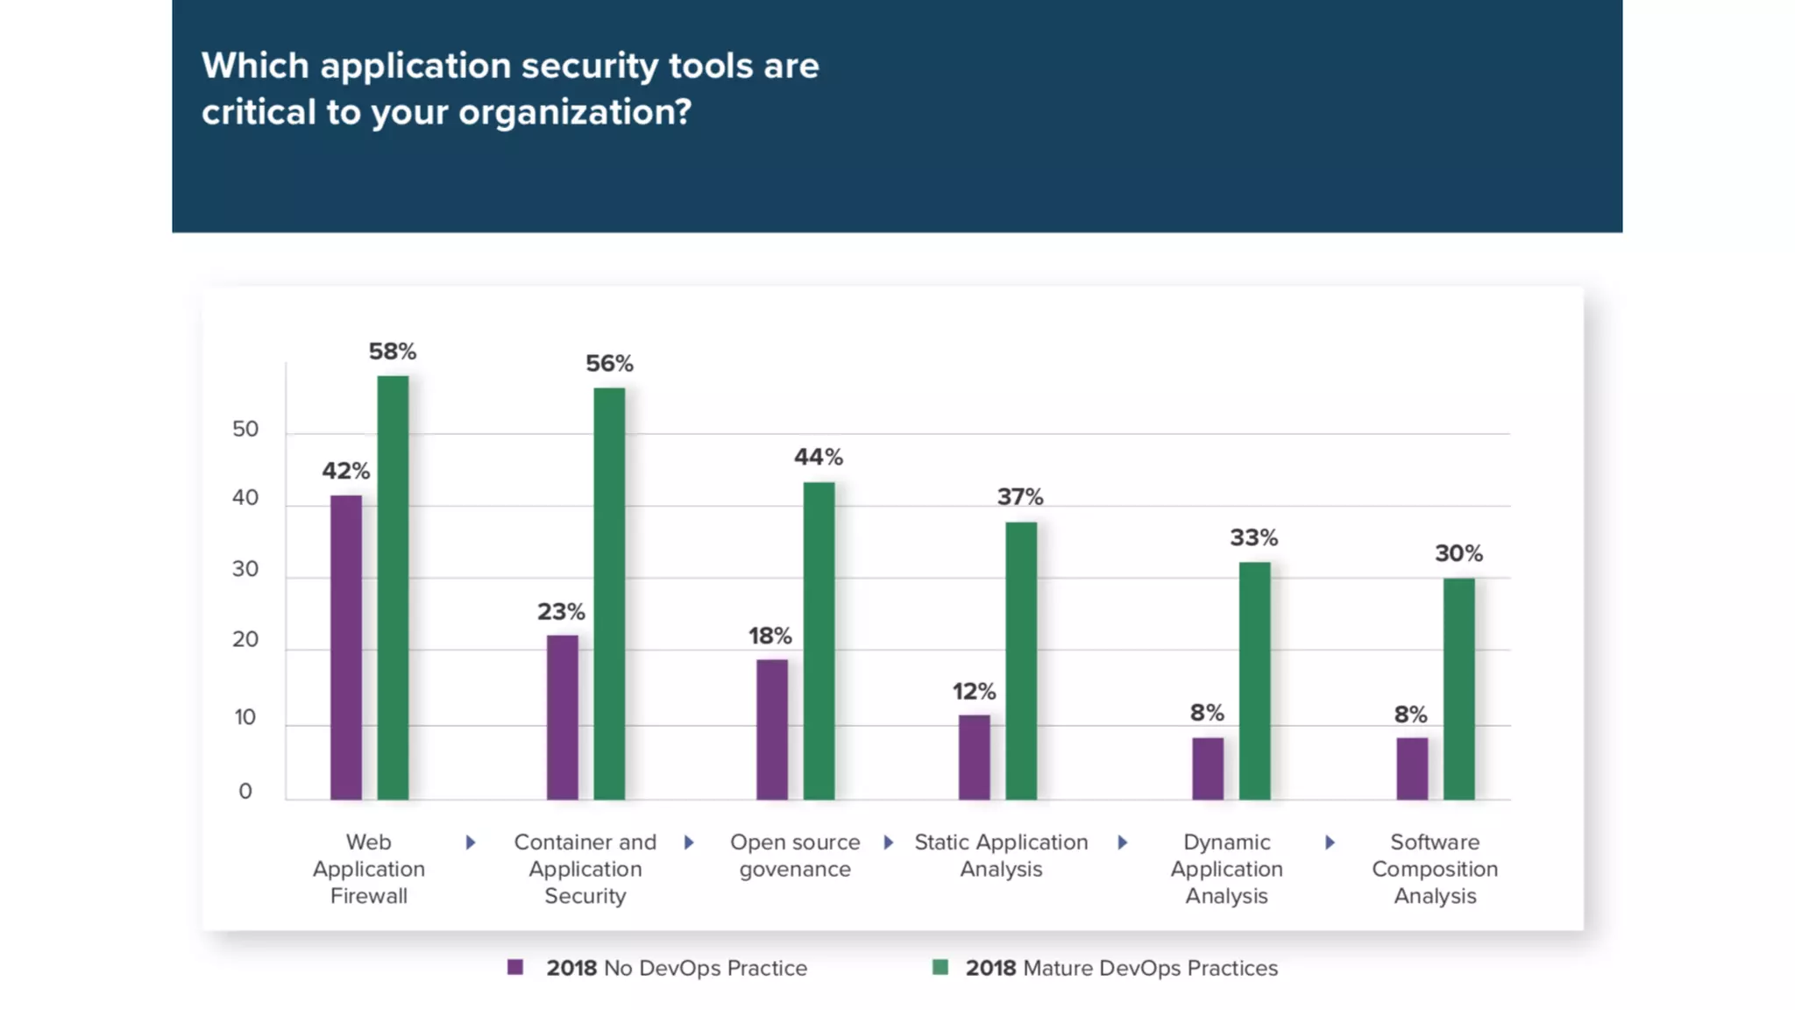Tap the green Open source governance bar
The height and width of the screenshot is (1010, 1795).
(x=819, y=640)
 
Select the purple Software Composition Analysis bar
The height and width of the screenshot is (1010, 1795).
(x=1411, y=768)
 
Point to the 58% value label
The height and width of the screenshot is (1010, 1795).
(x=392, y=352)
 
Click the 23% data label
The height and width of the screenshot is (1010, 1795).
(x=561, y=611)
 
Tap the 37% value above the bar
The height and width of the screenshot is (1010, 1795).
(x=1019, y=497)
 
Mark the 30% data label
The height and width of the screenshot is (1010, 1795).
(x=1458, y=553)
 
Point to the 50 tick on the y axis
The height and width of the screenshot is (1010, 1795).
(x=245, y=429)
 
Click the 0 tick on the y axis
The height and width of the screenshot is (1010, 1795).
(x=245, y=791)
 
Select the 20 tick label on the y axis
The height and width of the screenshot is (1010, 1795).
(x=245, y=639)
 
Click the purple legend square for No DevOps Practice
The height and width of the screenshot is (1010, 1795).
(x=515, y=967)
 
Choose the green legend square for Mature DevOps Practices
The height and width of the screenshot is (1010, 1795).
(x=940, y=967)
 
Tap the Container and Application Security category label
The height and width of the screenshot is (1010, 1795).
(x=585, y=868)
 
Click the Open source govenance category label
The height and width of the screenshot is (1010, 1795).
(x=795, y=855)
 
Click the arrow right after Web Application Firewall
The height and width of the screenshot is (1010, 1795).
(x=471, y=843)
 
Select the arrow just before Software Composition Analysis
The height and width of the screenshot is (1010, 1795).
(x=1330, y=843)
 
